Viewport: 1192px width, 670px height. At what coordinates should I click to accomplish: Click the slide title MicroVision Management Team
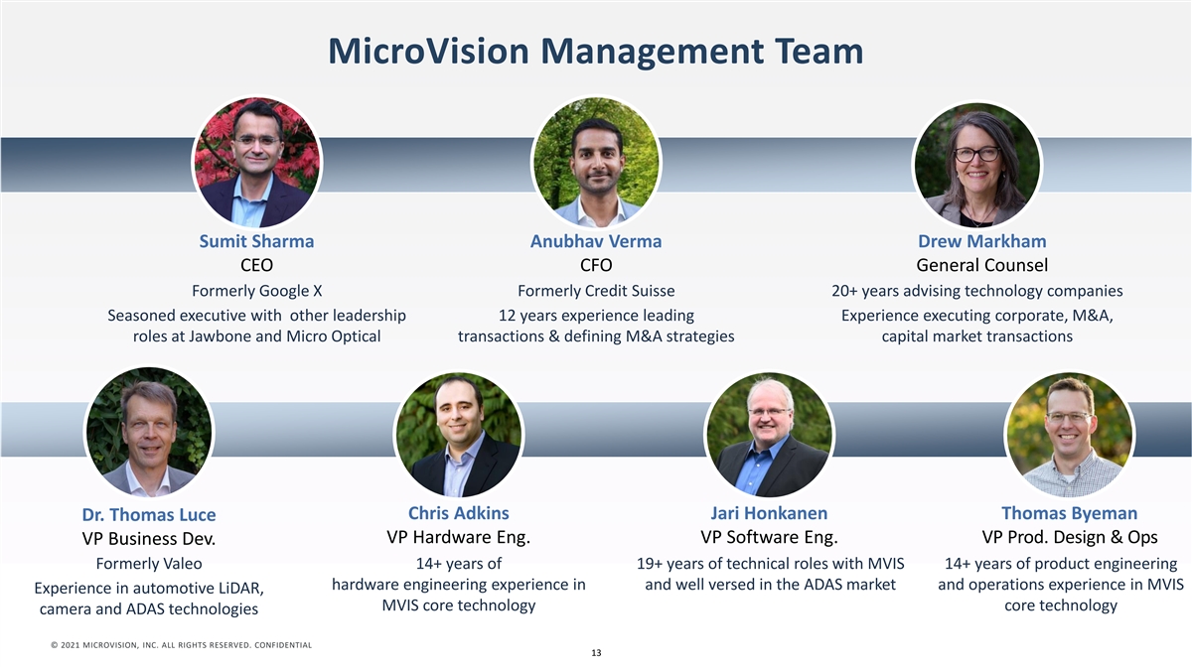coord(595,52)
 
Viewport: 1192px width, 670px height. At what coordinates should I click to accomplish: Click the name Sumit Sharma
coord(256,241)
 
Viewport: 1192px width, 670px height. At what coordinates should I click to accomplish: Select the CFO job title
coord(596,265)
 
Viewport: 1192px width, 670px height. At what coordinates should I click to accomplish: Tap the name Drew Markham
coord(981,241)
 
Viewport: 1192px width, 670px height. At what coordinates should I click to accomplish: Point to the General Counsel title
coord(981,265)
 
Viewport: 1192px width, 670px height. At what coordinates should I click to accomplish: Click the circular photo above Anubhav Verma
coord(596,162)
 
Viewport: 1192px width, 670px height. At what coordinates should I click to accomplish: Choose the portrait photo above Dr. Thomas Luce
coord(149,431)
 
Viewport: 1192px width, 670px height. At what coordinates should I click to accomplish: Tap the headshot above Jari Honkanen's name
coord(769,435)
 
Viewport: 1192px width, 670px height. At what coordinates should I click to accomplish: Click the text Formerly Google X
coord(256,291)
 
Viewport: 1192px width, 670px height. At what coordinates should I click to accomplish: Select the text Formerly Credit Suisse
coord(596,291)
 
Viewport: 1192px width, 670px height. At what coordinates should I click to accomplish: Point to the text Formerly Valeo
coord(149,564)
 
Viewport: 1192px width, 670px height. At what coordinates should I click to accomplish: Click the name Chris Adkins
coord(459,513)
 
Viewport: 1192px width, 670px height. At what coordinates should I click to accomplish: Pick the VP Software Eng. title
coord(769,537)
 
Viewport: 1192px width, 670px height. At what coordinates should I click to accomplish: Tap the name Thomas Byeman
coord(1070,513)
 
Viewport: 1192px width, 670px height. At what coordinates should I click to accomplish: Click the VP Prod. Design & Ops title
coord(1070,537)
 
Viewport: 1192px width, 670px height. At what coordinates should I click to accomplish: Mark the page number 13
coord(596,653)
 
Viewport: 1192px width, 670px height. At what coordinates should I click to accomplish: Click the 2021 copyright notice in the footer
coord(181,645)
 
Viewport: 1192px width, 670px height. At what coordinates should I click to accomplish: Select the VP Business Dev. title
coord(149,539)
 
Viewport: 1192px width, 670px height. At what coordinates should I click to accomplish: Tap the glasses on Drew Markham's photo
coord(977,154)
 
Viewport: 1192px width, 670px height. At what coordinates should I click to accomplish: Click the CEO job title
coord(256,265)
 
